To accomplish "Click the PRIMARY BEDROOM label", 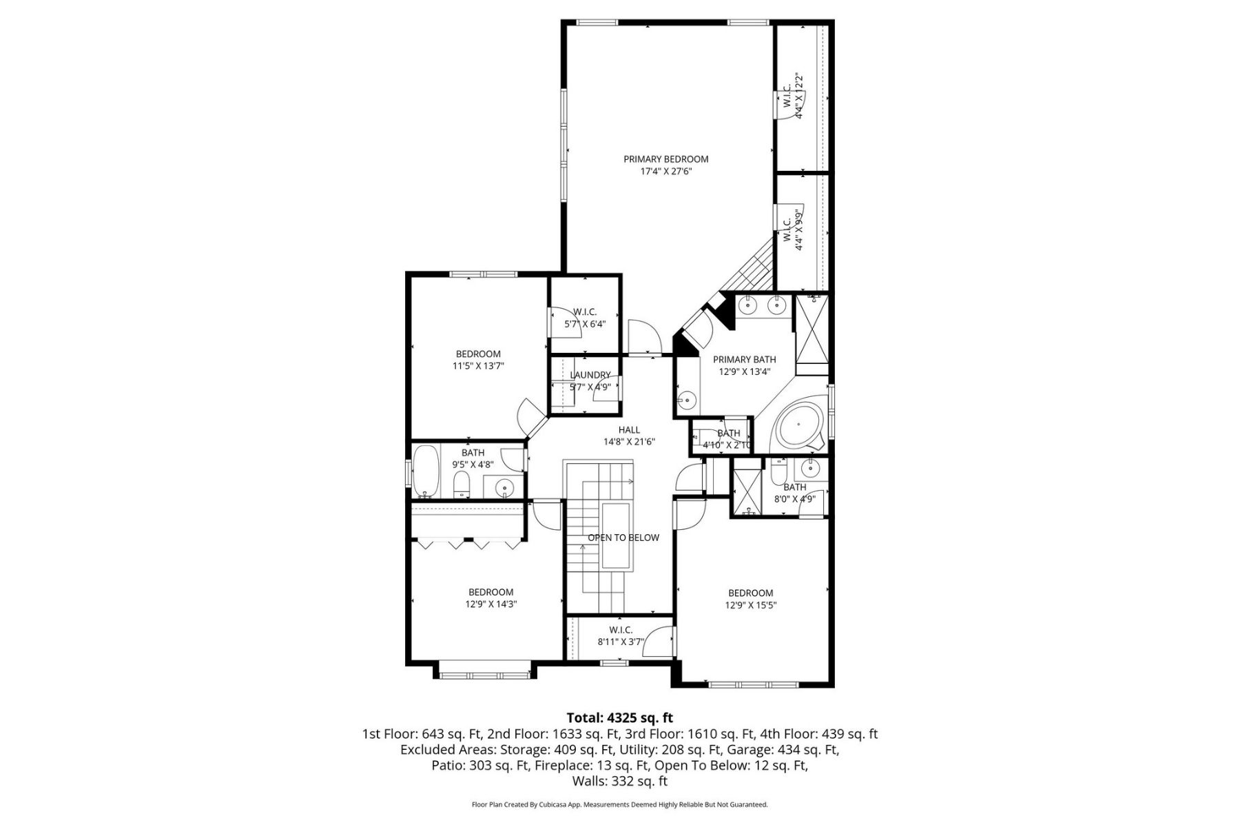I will coord(665,159).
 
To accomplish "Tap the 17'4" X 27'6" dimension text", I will coord(665,172).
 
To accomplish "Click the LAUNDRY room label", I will coord(590,375).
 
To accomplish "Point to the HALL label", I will coord(629,430).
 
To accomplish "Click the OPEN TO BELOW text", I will coord(623,538).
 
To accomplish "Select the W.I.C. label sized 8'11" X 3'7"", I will coord(621,630).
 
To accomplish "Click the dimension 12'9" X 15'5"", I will coord(751,606).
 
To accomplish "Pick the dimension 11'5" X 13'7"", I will coord(478,367).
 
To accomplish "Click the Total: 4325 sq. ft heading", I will coord(619,718).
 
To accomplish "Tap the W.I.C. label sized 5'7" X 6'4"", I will coord(585,312).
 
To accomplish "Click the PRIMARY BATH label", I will coord(744,359).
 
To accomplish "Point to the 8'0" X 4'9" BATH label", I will coord(794,487).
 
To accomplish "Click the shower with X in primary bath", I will coord(812,329).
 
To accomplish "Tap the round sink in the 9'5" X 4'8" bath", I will coord(506,488).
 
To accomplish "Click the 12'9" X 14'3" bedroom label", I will coord(490,592).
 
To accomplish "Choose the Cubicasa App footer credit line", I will coord(619,804).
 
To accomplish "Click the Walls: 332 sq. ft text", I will coord(619,782).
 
